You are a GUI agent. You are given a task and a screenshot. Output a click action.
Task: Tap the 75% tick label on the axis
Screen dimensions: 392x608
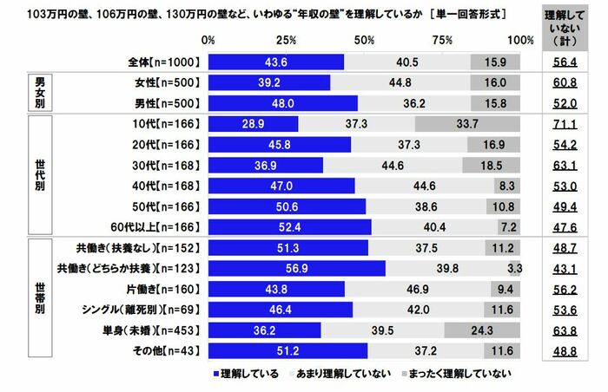[443, 40]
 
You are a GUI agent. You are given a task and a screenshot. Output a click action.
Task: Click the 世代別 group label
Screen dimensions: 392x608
[39, 175]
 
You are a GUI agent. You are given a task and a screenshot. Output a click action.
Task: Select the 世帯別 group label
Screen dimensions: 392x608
[39, 299]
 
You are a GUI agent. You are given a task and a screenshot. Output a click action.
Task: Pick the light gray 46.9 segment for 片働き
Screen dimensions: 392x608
[418, 289]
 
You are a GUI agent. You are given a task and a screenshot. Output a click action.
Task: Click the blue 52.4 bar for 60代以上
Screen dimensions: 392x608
[290, 227]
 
